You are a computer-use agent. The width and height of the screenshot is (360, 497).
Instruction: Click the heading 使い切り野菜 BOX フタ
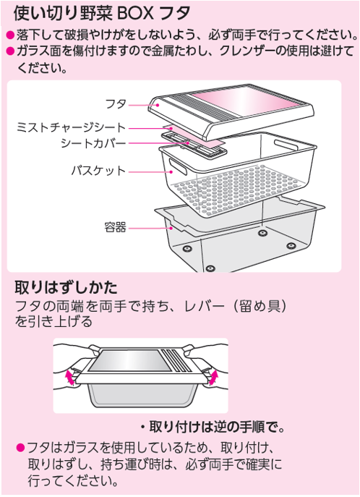(102, 13)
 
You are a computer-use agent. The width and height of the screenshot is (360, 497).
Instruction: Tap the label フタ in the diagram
(116, 104)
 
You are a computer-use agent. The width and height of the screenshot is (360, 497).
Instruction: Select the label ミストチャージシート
(72, 127)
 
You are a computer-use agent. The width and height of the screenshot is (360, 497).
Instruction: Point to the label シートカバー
(93, 143)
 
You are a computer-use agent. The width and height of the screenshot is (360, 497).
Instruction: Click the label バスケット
(98, 171)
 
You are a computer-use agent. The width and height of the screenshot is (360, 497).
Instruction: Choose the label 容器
(115, 227)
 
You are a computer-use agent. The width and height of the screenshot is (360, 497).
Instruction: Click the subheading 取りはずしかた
(67, 287)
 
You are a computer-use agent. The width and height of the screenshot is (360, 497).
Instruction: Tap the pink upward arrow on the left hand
(69, 377)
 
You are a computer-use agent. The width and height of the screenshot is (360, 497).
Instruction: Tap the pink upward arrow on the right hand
(214, 377)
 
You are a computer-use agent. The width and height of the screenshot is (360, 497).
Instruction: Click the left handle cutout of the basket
(177, 166)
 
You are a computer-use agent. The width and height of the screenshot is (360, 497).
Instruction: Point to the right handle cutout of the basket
(286, 145)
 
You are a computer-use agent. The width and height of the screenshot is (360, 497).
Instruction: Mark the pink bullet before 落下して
(10, 35)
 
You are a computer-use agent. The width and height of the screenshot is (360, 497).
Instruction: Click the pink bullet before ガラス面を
(10, 51)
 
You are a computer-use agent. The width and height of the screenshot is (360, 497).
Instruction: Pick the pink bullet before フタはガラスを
(20, 449)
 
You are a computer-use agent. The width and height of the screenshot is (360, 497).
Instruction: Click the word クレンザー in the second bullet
(247, 51)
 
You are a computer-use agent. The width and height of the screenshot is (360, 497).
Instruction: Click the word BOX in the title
(136, 13)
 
